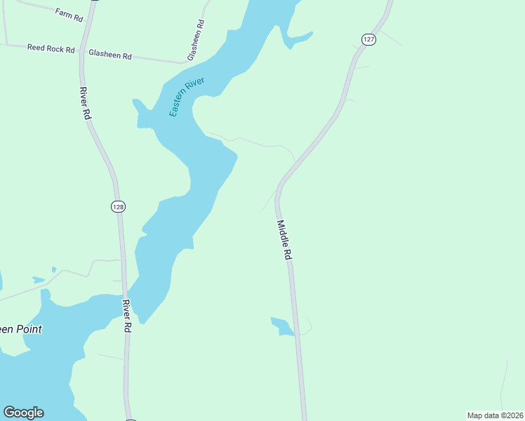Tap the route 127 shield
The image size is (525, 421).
coord(369,39)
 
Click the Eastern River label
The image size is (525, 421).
coord(187,98)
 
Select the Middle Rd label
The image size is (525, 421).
coord(284,241)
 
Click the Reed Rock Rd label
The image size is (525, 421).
coord(51,48)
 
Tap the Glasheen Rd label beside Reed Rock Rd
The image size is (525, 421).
coord(110,53)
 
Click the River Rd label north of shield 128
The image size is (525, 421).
coord(86,103)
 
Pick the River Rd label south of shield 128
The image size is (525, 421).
coord(127,316)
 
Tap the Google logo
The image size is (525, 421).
coord(23,413)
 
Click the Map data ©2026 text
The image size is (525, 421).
coord(495,415)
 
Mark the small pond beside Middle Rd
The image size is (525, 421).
coord(282,326)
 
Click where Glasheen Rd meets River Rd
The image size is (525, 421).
coord(81,51)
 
